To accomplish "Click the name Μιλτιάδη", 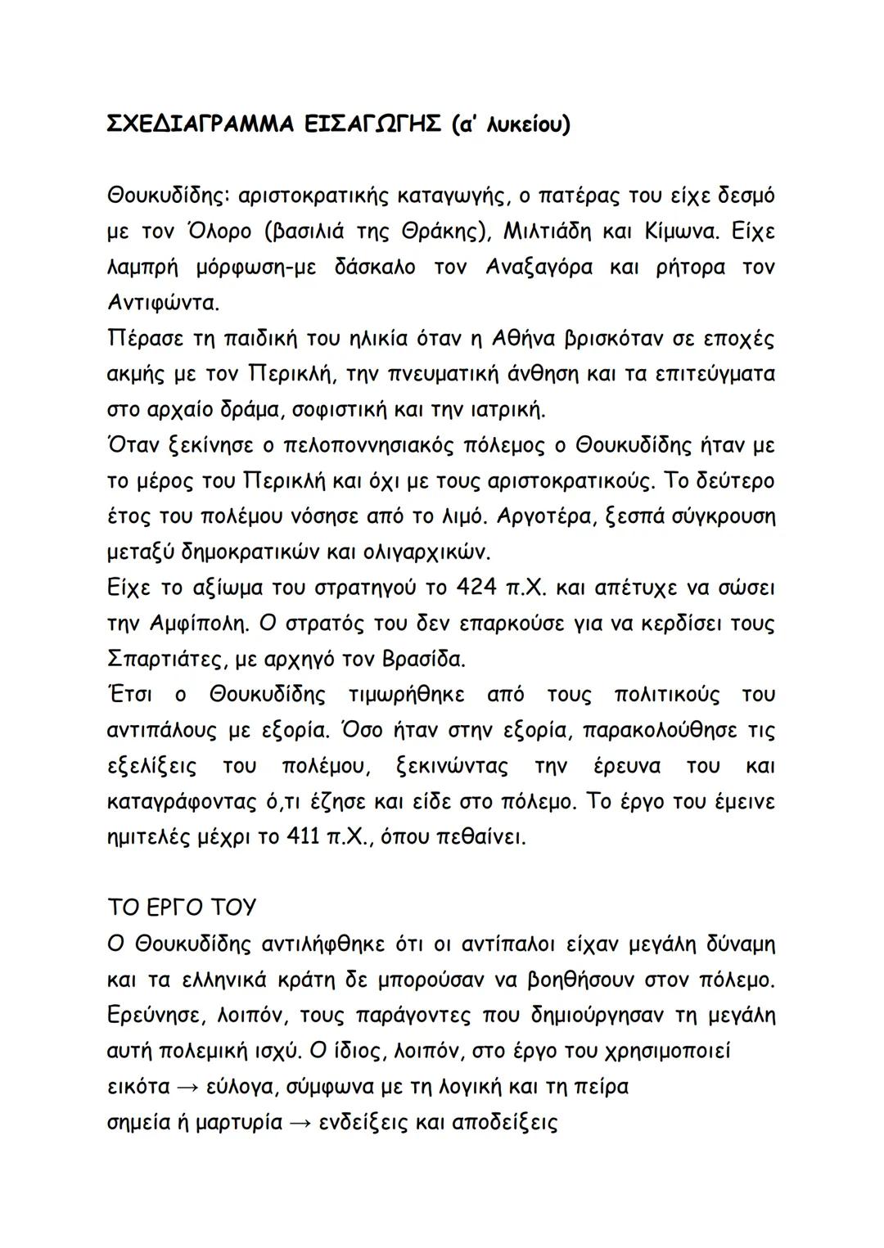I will [546, 232].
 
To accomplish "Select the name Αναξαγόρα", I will [539, 267].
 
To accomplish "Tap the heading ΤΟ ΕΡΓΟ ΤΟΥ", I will [182, 908].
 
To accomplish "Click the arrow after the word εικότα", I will [187, 1087].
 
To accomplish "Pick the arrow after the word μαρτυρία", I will [300, 1122].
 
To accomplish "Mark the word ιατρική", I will [507, 408].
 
